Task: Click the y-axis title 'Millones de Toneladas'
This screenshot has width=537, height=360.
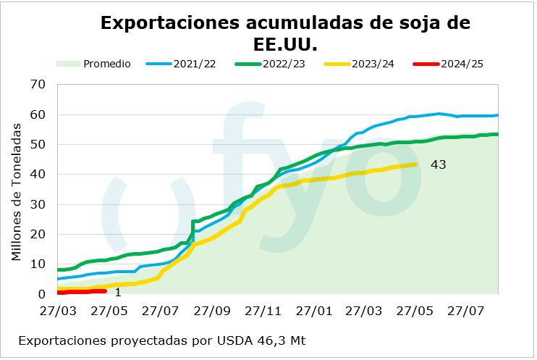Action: pyautogui.click(x=17, y=191)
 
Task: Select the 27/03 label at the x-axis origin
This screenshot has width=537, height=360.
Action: pyautogui.click(x=58, y=311)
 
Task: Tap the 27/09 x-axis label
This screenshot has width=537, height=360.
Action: pyautogui.click(x=213, y=311)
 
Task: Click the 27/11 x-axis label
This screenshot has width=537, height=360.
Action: pyautogui.click(x=265, y=311)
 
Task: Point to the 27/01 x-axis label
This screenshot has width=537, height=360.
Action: pyautogui.click(x=316, y=311)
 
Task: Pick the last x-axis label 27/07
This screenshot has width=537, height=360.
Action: pyautogui.click(x=467, y=311)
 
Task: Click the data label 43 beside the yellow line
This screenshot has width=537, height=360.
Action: pyautogui.click(x=438, y=165)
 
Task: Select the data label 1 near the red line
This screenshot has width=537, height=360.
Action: pyautogui.click(x=118, y=292)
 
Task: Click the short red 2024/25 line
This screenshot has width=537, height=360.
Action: pyautogui.click(x=83, y=291)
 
